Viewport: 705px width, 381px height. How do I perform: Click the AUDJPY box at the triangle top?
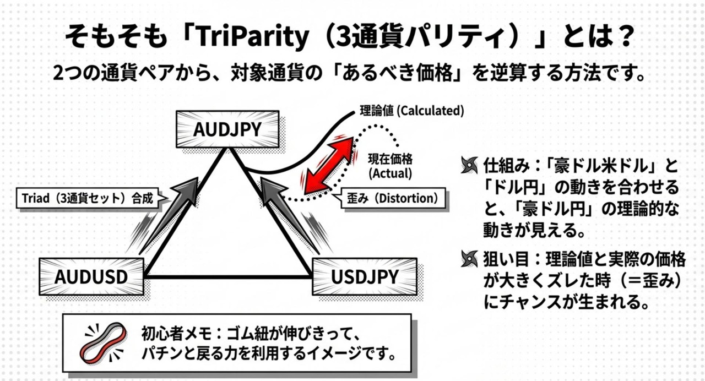tap(227, 129)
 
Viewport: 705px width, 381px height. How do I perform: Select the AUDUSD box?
tap(91, 276)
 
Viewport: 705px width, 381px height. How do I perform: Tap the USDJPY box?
tap(364, 276)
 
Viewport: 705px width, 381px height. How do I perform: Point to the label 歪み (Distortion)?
tap(391, 198)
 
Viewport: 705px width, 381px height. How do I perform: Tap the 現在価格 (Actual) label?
tap(390, 166)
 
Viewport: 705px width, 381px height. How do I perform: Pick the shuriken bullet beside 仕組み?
tap(469, 166)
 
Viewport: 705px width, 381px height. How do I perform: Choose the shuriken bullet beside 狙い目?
tap(469, 257)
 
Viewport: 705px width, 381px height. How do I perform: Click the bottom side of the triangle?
tap(227, 276)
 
